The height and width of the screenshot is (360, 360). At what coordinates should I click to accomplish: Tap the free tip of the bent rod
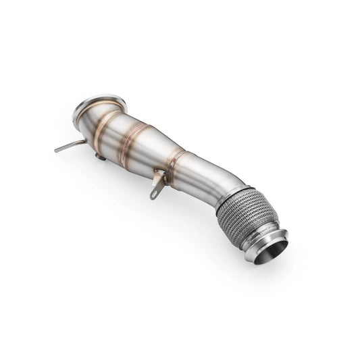pos(57,149)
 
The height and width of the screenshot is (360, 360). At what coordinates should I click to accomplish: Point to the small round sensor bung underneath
pos(100,157)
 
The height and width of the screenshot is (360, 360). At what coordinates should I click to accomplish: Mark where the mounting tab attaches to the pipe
pos(161,174)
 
